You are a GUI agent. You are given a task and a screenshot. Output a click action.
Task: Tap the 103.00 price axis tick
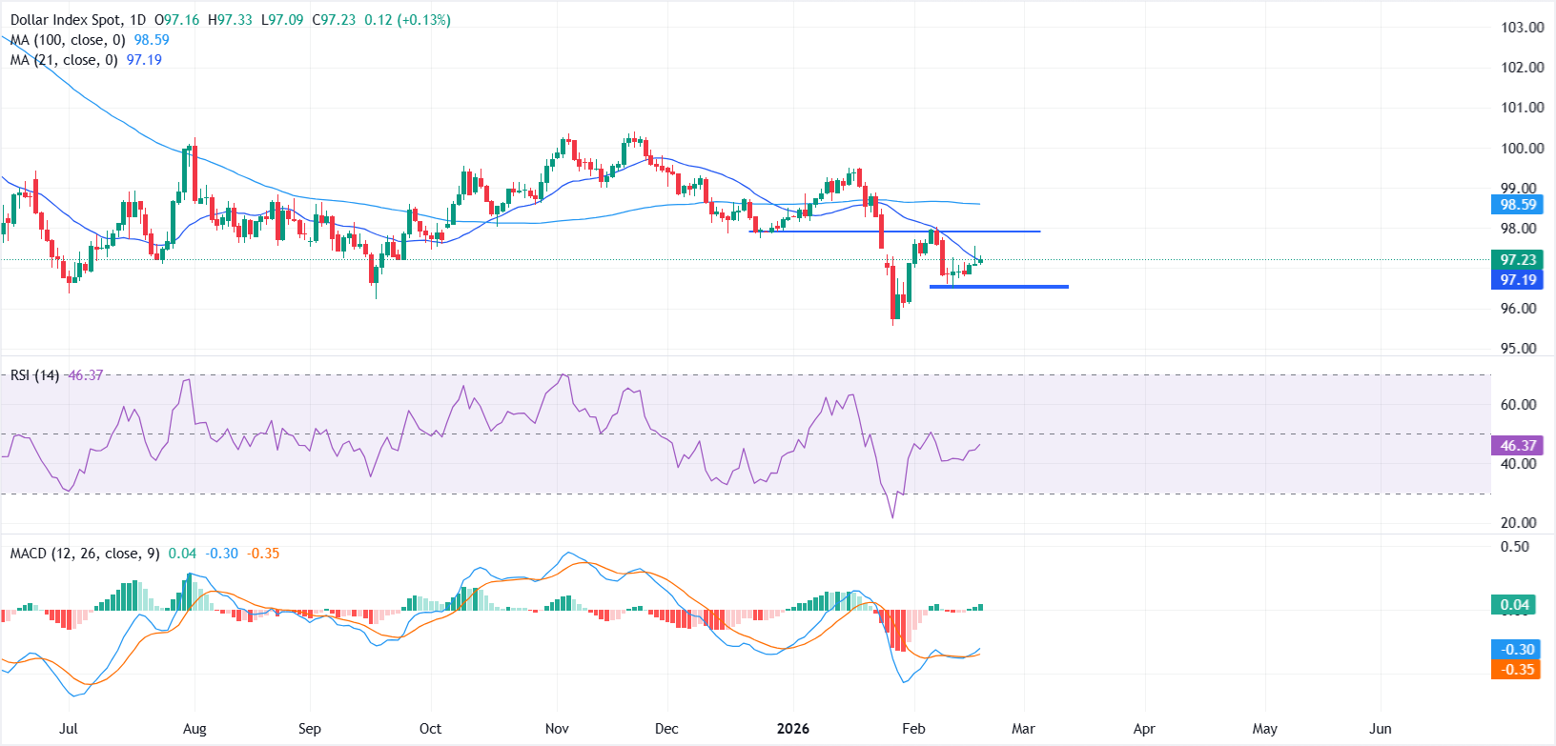click(x=1522, y=28)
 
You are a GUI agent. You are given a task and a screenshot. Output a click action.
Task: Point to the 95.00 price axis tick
click(x=1518, y=349)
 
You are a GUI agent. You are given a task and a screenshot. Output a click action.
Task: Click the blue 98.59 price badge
click(x=1518, y=205)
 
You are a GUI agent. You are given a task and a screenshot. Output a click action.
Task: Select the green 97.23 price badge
click(x=1518, y=260)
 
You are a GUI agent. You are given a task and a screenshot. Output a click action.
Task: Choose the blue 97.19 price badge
click(x=1518, y=280)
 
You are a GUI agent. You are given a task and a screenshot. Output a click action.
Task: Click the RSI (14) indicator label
click(x=34, y=375)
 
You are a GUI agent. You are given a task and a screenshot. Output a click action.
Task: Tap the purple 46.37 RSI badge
click(x=1518, y=446)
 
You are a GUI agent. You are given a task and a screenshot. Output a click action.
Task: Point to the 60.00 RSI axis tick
click(x=1518, y=405)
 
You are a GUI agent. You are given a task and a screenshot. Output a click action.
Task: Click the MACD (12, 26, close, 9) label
click(x=84, y=554)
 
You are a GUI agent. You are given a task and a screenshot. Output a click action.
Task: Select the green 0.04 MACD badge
click(x=1514, y=605)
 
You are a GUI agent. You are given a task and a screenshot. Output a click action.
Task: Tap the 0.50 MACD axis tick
click(x=1514, y=547)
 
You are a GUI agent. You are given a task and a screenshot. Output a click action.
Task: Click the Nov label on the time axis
click(x=557, y=729)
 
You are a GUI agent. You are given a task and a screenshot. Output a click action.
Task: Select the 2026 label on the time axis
click(x=792, y=729)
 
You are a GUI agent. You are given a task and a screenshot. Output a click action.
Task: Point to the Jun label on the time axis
click(x=1380, y=729)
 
